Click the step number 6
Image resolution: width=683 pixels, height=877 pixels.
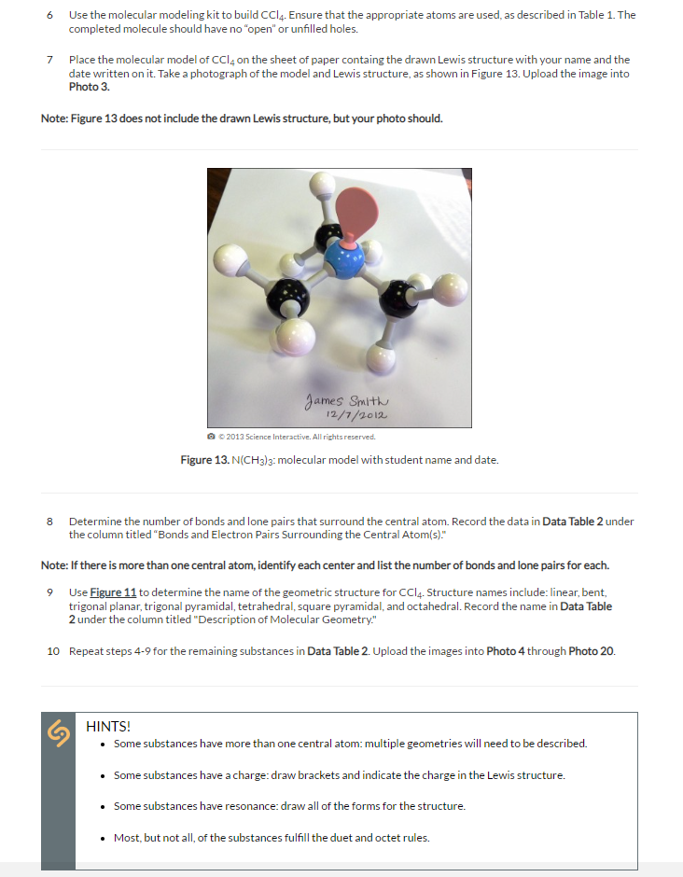tap(48, 15)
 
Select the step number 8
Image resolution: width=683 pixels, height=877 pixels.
tap(48, 522)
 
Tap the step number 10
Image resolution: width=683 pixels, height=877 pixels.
tap(52, 650)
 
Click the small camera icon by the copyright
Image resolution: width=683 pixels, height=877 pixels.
tap(211, 437)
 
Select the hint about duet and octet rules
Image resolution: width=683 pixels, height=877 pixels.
tap(272, 837)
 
